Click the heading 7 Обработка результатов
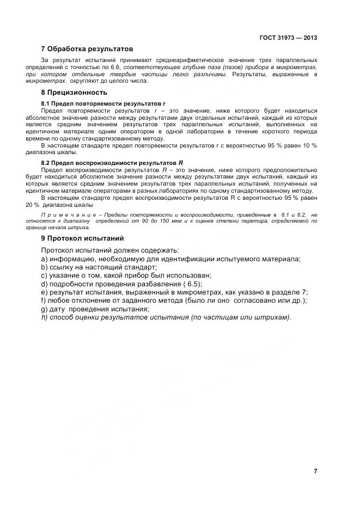point(87,49)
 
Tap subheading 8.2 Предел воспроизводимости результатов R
point(112,163)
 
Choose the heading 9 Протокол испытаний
point(82,238)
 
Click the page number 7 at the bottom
point(315,471)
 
